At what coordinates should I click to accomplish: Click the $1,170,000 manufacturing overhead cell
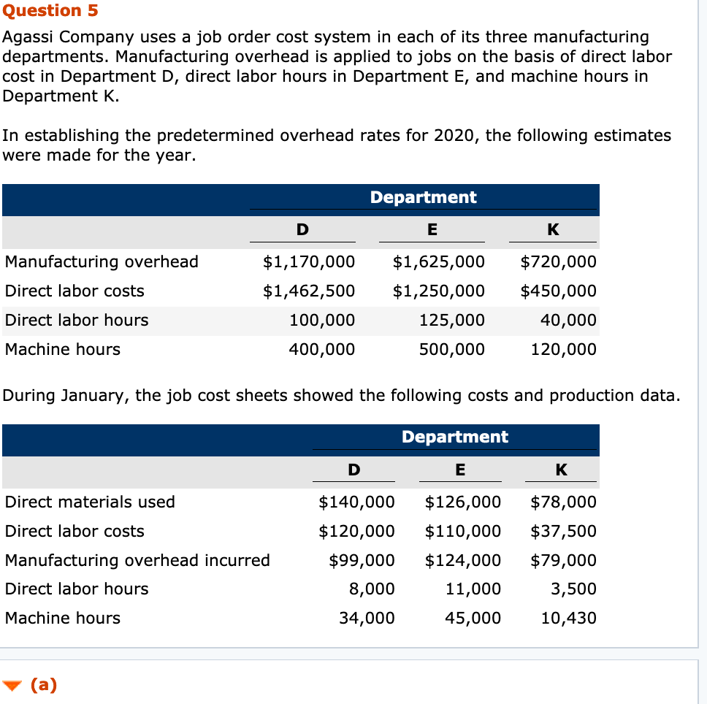click(x=309, y=261)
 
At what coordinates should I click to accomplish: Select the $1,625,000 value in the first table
click(x=438, y=261)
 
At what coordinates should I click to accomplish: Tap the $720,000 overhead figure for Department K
click(x=558, y=261)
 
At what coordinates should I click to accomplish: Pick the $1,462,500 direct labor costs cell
click(x=309, y=291)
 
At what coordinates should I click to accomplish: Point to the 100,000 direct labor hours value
click(x=322, y=320)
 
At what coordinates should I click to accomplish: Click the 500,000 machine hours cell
click(x=451, y=349)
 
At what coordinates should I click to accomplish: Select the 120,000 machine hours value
click(x=563, y=349)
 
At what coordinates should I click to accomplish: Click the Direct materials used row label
click(x=90, y=502)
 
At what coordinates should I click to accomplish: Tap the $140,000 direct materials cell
click(x=356, y=502)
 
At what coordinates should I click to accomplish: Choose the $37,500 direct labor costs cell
click(x=563, y=531)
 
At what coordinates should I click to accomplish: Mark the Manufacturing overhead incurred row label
click(x=137, y=560)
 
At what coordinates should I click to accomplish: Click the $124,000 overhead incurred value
click(x=463, y=560)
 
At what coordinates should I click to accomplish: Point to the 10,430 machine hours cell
click(x=568, y=618)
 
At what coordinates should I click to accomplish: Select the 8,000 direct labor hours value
click(x=372, y=589)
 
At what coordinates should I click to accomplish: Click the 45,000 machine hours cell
click(x=473, y=618)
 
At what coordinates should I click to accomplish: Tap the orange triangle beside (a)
click(x=12, y=685)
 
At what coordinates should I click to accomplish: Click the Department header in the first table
click(x=423, y=197)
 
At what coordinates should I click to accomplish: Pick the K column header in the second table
click(x=561, y=470)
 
